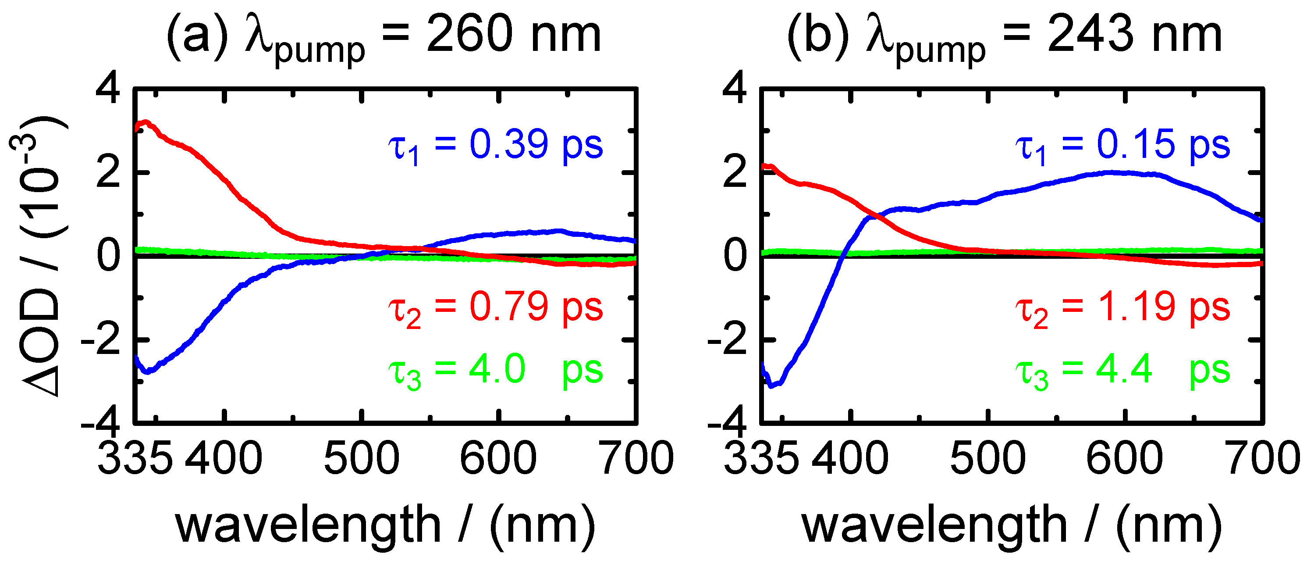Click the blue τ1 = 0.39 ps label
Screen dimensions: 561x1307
(x=496, y=146)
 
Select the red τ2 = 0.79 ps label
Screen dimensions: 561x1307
(x=496, y=308)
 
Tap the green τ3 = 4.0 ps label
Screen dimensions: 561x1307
(x=496, y=371)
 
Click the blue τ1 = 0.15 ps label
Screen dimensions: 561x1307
(x=1122, y=146)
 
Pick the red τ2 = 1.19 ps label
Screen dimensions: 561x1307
(x=1122, y=308)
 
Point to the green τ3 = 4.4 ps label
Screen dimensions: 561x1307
(x=1122, y=371)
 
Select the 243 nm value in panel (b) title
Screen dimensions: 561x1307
(x=1134, y=35)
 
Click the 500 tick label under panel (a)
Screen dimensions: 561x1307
(x=361, y=458)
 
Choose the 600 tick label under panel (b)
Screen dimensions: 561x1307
(x=1124, y=458)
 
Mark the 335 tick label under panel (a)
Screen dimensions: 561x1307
(x=135, y=458)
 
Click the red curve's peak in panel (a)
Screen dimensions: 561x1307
(x=146, y=122)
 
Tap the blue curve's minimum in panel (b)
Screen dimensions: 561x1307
(x=772, y=386)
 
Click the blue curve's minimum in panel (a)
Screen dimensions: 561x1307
(x=147, y=372)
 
